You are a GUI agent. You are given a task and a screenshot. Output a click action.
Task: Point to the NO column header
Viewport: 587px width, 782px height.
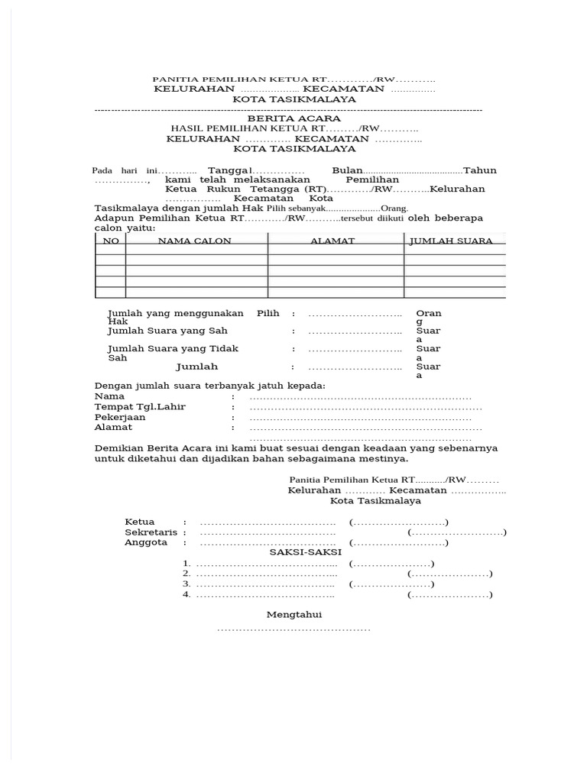[x=112, y=241]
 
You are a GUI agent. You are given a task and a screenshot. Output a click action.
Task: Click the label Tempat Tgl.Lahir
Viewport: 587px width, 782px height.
[x=140, y=407]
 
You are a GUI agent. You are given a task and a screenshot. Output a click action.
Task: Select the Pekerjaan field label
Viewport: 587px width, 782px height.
[x=120, y=418]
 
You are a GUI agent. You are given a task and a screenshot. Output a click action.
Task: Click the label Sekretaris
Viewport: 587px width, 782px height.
[x=151, y=532]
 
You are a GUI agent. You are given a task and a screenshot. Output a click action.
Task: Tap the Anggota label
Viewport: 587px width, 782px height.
[x=146, y=543]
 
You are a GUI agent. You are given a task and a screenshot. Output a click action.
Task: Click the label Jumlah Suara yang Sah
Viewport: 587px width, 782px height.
[x=167, y=331]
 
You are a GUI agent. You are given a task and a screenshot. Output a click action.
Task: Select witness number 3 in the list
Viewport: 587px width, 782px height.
[x=186, y=584]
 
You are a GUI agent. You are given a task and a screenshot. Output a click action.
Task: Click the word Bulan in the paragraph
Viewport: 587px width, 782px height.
[x=346, y=170]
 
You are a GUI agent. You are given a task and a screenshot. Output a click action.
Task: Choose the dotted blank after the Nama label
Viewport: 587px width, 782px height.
[x=360, y=397]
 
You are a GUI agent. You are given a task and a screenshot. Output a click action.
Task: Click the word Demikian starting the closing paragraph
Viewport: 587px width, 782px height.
[x=119, y=448]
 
